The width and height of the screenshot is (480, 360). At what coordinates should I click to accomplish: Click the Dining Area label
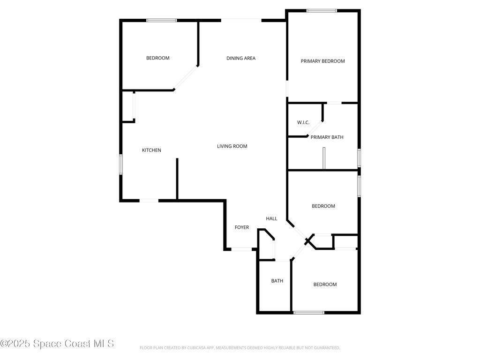pyautogui.click(x=241, y=58)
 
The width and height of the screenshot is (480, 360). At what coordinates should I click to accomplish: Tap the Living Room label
pyautogui.click(x=232, y=146)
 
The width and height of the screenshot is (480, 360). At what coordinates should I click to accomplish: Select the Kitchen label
pyautogui.click(x=151, y=150)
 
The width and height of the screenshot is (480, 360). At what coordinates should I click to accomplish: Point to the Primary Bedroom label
pyautogui.click(x=322, y=61)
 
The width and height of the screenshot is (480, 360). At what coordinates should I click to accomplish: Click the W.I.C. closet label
pyautogui.click(x=303, y=122)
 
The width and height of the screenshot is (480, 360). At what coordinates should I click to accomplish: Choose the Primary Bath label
pyautogui.click(x=327, y=137)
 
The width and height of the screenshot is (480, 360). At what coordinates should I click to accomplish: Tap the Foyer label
pyautogui.click(x=242, y=227)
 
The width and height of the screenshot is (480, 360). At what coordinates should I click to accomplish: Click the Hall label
pyautogui.click(x=271, y=218)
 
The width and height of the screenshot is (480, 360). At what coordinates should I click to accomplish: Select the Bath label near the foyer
pyautogui.click(x=277, y=281)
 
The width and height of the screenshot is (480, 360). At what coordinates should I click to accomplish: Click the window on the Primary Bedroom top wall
pyautogui.click(x=322, y=11)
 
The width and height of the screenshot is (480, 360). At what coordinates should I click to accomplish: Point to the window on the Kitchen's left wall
pyautogui.click(x=121, y=165)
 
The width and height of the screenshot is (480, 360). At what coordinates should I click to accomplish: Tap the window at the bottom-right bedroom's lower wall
pyautogui.click(x=308, y=313)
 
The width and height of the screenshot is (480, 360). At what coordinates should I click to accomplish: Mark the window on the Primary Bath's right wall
pyautogui.click(x=359, y=158)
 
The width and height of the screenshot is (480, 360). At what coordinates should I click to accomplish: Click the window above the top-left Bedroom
pyautogui.click(x=162, y=21)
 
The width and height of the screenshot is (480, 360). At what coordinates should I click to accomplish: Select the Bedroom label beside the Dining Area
pyautogui.click(x=157, y=58)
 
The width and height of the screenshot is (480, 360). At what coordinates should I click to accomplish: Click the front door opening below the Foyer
pyautogui.click(x=241, y=249)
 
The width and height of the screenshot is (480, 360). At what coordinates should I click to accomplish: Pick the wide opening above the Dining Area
pyautogui.click(x=241, y=21)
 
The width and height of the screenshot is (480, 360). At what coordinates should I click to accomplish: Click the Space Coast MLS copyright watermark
pyautogui.click(x=57, y=344)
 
